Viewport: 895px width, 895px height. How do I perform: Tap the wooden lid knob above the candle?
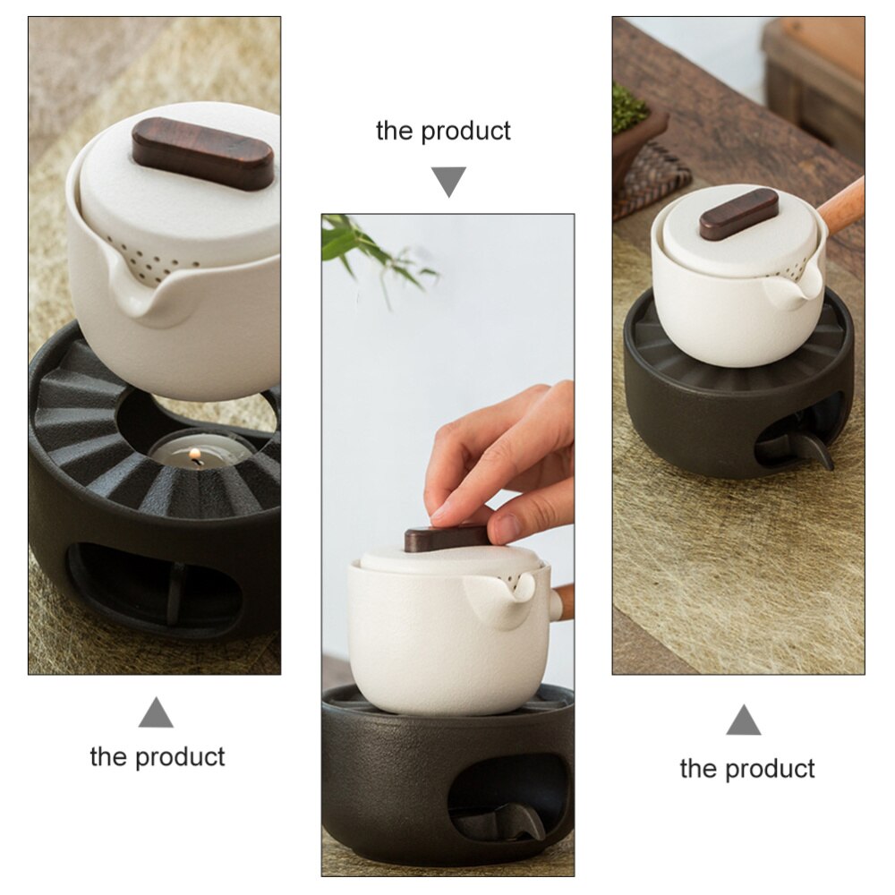coord(203,153)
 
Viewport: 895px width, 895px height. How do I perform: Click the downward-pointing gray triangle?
coord(448,181)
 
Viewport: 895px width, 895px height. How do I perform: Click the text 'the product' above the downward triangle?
coord(443,131)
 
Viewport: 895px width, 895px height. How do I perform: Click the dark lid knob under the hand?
coord(446,538)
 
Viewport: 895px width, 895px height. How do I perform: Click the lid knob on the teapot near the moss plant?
coord(738,213)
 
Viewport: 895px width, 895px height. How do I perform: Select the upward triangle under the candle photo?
coord(156,713)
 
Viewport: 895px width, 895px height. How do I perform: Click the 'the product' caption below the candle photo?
coord(158,756)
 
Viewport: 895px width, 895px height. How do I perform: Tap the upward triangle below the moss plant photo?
coord(743,720)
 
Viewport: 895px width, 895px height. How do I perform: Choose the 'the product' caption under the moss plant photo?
coord(747,768)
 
